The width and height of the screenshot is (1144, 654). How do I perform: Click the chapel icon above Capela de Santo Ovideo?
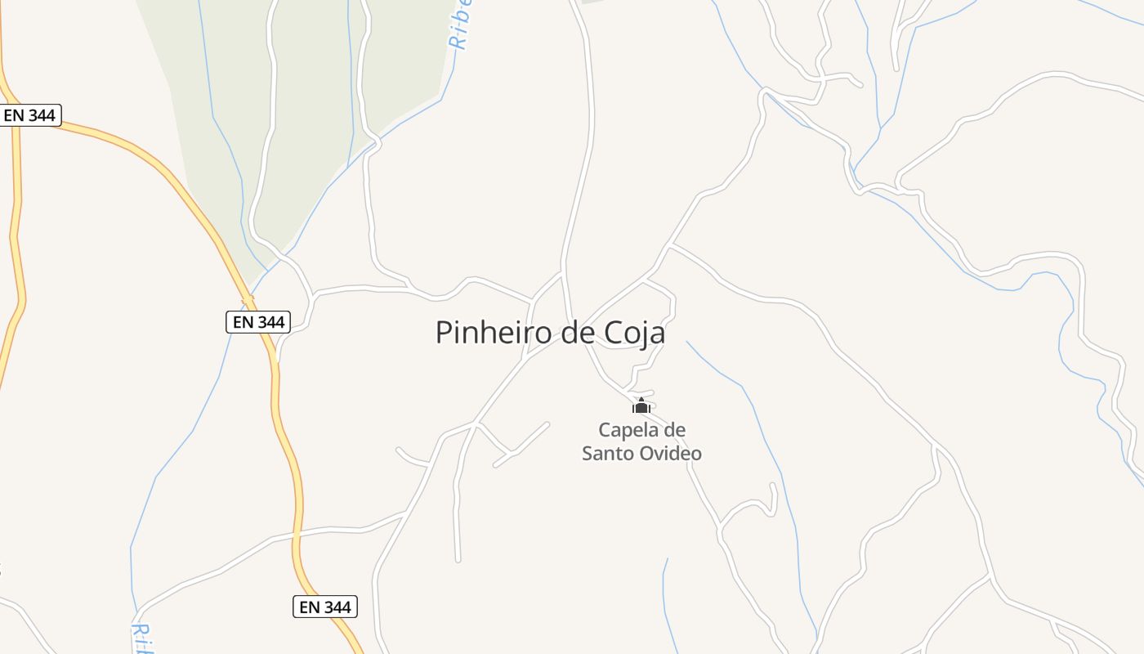coord(641,405)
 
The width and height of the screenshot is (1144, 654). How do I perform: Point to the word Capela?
coord(626,430)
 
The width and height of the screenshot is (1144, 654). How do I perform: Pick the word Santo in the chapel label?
coord(608,453)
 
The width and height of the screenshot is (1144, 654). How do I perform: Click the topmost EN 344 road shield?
coord(29,115)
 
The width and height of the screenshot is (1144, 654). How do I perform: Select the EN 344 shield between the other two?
coord(258,322)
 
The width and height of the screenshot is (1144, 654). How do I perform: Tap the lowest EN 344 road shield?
coord(325,607)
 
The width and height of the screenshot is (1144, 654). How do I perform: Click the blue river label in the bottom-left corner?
coord(142,638)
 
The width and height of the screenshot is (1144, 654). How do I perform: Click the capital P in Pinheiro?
coord(444,333)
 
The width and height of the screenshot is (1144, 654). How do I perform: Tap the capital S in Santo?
coord(588,453)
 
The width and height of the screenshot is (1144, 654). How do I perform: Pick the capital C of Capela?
coord(605,430)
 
